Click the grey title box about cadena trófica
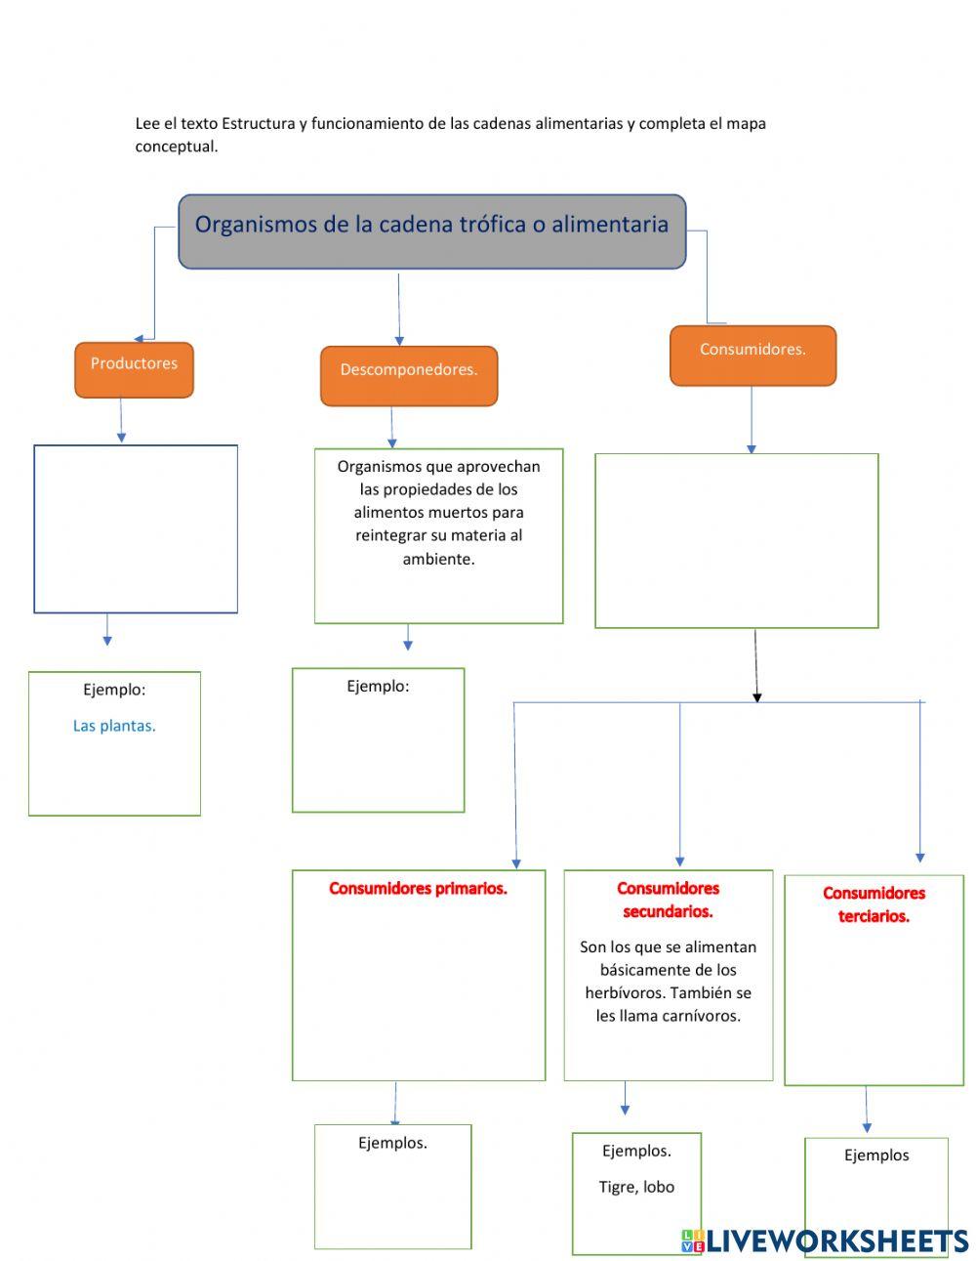click(431, 231)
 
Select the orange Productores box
click(134, 369)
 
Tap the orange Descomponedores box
click(408, 375)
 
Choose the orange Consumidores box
click(752, 355)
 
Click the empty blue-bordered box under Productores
click(136, 528)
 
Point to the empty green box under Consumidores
click(736, 540)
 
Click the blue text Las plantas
click(114, 726)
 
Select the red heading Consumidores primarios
click(418, 889)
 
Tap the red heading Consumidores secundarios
click(668, 900)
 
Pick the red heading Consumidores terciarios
click(874, 904)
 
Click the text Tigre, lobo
click(636, 1187)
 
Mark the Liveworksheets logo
click(825, 1240)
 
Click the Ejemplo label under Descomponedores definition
click(378, 687)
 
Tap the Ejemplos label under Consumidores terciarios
click(875, 1156)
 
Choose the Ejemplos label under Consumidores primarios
click(392, 1143)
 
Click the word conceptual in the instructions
click(176, 147)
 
